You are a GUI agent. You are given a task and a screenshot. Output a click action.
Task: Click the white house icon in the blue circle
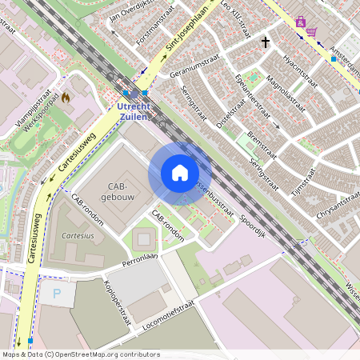click(180, 174)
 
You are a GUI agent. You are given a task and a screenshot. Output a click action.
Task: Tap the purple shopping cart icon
click(311, 30)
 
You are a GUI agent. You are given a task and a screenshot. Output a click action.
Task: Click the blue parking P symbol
click(57, 294)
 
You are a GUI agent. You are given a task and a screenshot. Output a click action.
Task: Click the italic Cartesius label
click(78, 236)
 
